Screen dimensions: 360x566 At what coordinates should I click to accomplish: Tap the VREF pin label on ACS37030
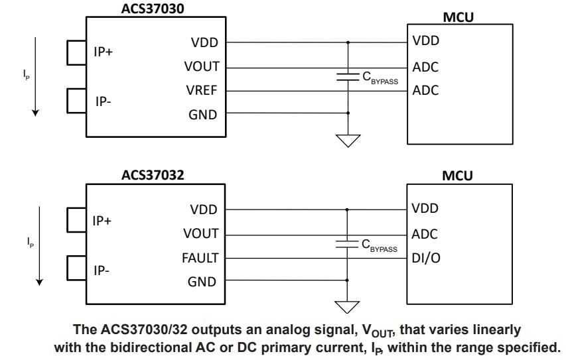[201, 91]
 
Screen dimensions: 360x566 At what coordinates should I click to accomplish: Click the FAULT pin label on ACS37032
[200, 258]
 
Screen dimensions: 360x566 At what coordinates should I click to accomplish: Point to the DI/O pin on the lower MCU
[426, 258]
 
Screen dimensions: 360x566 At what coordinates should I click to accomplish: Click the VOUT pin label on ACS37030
[201, 67]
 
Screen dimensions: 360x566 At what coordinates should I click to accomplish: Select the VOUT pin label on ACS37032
[200, 234]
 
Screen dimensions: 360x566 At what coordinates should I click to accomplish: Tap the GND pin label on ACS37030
[203, 115]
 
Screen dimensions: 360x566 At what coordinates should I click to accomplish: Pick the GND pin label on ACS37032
[203, 282]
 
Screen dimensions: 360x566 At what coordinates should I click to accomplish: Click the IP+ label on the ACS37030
[104, 52]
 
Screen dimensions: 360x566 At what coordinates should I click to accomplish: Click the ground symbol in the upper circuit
[348, 140]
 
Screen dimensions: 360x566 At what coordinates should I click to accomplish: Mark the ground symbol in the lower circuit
[347, 306]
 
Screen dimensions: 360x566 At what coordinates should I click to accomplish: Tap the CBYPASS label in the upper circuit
[380, 78]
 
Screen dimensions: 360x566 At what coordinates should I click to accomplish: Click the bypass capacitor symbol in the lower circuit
[347, 243]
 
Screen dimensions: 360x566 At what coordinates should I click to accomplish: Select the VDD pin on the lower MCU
[425, 209]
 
